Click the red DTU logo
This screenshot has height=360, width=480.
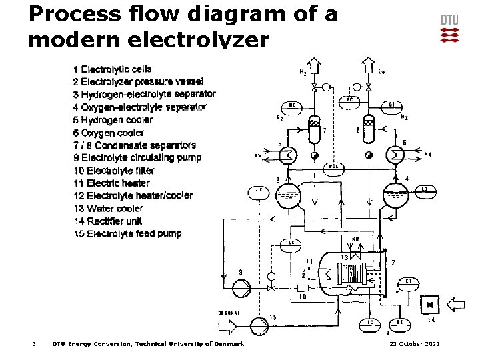click(x=449, y=34)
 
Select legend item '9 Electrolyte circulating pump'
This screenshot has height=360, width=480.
click(x=137, y=158)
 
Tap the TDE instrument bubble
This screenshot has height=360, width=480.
click(x=291, y=243)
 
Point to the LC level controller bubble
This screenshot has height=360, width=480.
click(x=259, y=190)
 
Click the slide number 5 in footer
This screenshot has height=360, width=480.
click(x=34, y=344)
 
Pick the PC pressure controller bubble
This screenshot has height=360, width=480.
click(x=349, y=99)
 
